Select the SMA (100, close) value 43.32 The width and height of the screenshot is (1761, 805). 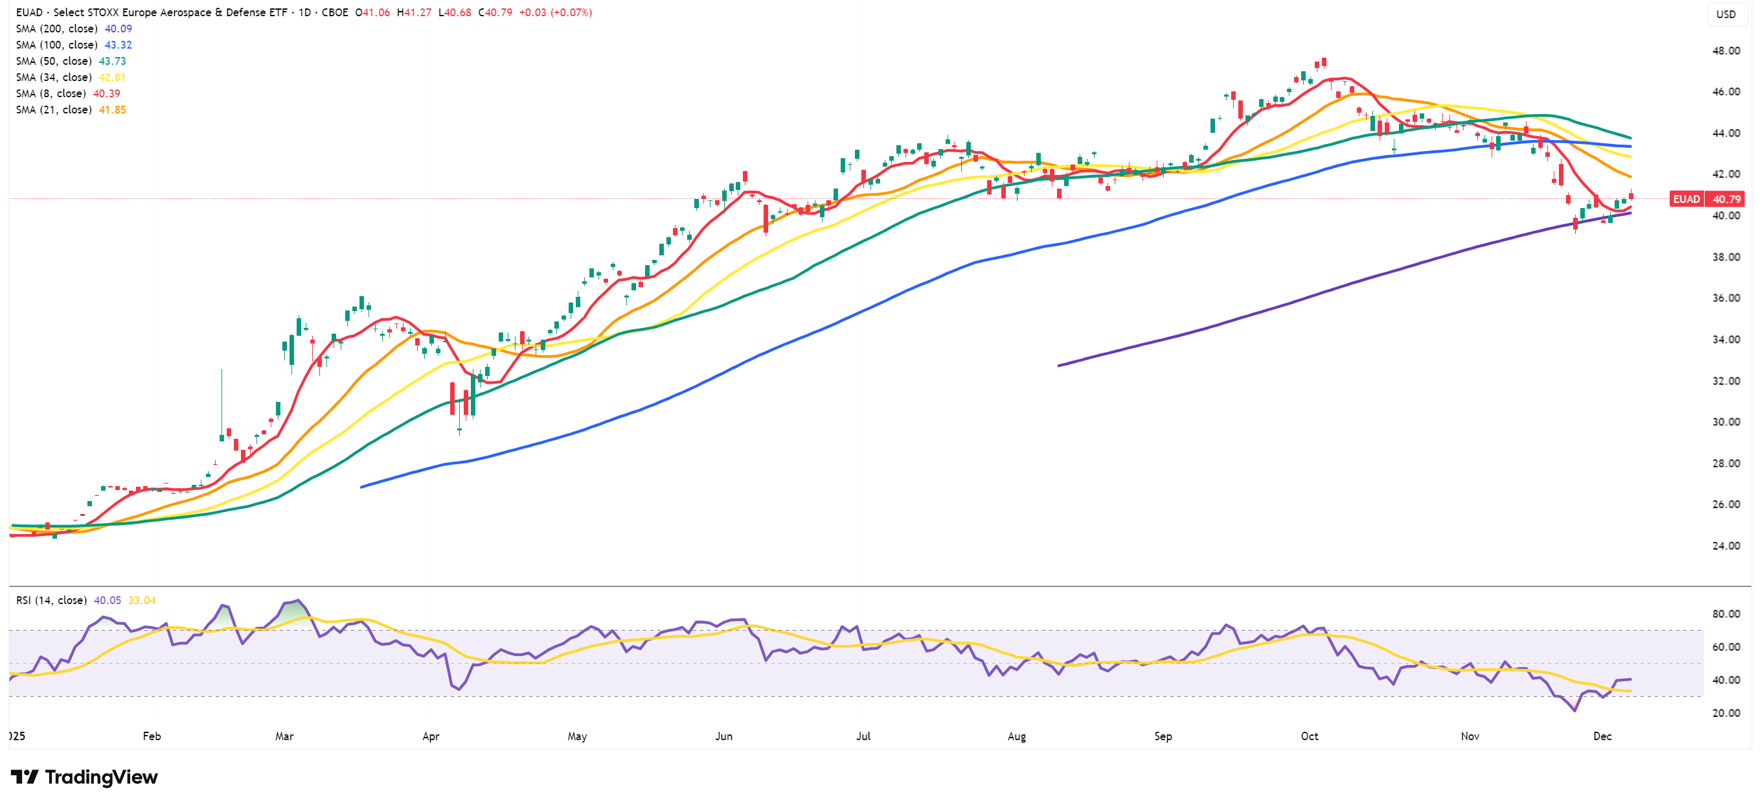coord(119,45)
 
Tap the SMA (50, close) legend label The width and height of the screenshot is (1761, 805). coord(53,62)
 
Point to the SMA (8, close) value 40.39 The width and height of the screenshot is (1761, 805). coord(107,94)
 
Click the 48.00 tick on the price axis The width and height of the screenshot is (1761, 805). coord(1725,51)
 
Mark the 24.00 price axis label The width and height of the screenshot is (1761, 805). coord(1725,546)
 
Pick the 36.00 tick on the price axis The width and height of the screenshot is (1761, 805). coord(1725,298)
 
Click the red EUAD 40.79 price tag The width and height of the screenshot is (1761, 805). coord(1707,199)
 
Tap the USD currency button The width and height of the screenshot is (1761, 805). coord(1725,14)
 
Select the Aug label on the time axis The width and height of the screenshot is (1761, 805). coord(1017,736)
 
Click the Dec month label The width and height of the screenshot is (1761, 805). coord(1602,736)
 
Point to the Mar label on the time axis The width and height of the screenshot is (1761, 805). coord(284,736)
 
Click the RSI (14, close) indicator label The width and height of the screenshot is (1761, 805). coord(52,600)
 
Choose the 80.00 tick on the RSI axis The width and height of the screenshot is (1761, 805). coord(1725,614)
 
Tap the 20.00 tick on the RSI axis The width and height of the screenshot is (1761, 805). coord(1725,714)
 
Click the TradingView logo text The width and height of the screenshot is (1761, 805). coord(101,777)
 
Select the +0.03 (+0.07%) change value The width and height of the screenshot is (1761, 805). coord(555,12)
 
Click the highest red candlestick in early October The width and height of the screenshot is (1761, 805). coord(1324,63)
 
